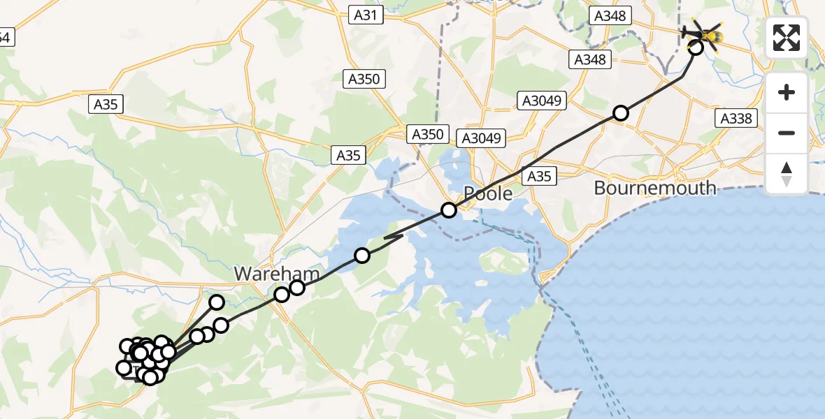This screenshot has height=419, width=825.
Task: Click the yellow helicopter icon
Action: (x=705, y=33)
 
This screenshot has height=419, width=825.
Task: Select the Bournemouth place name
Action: (x=655, y=188)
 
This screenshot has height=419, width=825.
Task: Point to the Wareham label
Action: (x=277, y=274)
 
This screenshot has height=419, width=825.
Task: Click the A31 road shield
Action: (x=366, y=14)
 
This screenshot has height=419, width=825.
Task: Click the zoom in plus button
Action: (x=787, y=92)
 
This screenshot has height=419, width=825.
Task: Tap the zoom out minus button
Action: (x=787, y=133)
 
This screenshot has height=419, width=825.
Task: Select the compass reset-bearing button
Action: (x=787, y=172)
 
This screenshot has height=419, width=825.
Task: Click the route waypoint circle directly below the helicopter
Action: (x=696, y=47)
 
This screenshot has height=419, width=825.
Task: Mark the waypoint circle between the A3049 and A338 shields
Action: (x=621, y=113)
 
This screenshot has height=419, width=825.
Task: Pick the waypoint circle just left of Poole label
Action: (x=448, y=209)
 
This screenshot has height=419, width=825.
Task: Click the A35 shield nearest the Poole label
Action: (x=539, y=176)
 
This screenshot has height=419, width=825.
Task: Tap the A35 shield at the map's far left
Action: (x=106, y=105)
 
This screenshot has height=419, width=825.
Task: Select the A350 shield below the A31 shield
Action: (x=364, y=79)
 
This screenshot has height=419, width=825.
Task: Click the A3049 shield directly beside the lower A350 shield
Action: (x=481, y=138)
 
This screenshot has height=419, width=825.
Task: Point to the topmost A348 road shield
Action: (x=610, y=15)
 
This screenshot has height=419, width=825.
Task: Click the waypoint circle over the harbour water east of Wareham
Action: (x=362, y=255)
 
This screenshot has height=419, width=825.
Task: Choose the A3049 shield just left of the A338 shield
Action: (x=541, y=101)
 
